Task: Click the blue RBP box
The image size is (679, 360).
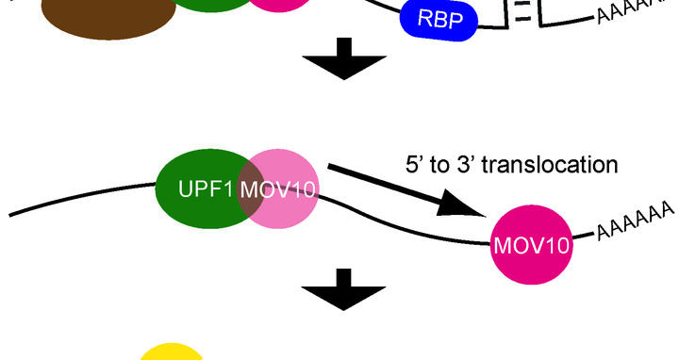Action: [439, 20]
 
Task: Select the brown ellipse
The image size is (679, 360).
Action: [108, 17]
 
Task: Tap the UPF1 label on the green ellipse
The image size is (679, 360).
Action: [206, 188]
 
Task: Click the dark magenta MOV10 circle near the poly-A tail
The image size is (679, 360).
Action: [531, 245]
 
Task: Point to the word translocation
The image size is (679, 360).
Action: [550, 165]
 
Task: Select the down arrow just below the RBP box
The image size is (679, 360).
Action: [344, 58]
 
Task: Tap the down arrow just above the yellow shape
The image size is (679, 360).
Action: [344, 289]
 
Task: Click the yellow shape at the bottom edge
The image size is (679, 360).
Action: [172, 352]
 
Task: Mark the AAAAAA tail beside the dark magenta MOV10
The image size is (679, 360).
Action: [636, 221]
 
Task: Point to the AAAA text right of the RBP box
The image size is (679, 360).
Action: [637, 10]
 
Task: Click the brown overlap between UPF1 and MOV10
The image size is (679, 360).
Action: [251, 188]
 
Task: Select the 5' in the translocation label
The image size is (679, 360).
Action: [414, 165]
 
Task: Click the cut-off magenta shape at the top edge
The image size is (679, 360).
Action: [279, 6]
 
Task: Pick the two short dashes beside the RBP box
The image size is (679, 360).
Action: [523, 10]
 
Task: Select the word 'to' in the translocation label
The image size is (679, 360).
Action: [440, 166]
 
